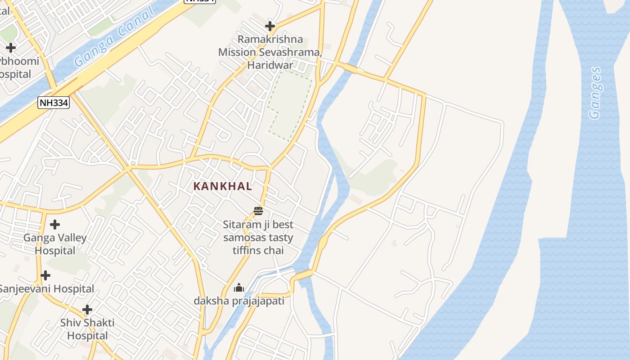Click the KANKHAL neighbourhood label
pos(223,186)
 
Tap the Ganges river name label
pos(595,93)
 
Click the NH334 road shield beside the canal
pos(54,103)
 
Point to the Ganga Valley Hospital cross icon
pos(55,224)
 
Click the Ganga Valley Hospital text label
pos(55,244)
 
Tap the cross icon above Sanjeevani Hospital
pos(45,275)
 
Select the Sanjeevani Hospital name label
pos(46,289)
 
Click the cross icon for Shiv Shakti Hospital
pos(87,310)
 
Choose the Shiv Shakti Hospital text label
pos(87,329)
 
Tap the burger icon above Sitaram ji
pos(258,211)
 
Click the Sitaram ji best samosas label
pos(258,237)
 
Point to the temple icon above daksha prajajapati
pos(239,288)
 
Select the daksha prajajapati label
pos(239,301)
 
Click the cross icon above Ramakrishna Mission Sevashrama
pos(270,26)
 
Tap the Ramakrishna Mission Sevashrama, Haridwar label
pos(270,52)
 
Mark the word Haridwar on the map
pos(270,65)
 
